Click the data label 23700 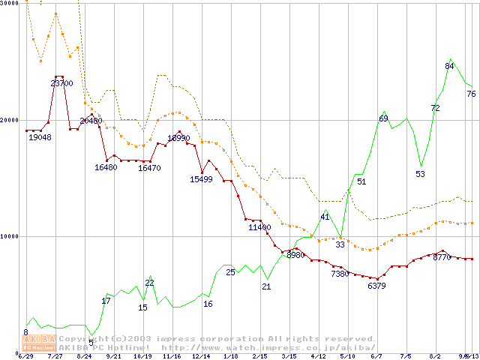pyautogui.click(x=61, y=83)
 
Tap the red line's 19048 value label pyautogui.click(x=40, y=137)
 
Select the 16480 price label pyautogui.click(x=106, y=167)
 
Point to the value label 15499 pyautogui.click(x=202, y=179)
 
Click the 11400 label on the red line pyautogui.click(x=259, y=227)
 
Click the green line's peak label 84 pyautogui.click(x=450, y=67)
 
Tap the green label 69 pyautogui.click(x=383, y=118)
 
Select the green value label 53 pyautogui.click(x=420, y=174)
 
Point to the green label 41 pyautogui.click(x=325, y=217)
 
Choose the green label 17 pyautogui.click(x=106, y=301)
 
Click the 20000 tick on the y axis pyautogui.click(x=9, y=120)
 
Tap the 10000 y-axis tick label pyautogui.click(x=9, y=236)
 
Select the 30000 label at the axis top pyautogui.click(x=9, y=4)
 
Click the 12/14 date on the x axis pyautogui.click(x=201, y=356)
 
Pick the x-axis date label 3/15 pyautogui.click(x=289, y=356)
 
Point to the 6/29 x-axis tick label pyautogui.click(x=25, y=356)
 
